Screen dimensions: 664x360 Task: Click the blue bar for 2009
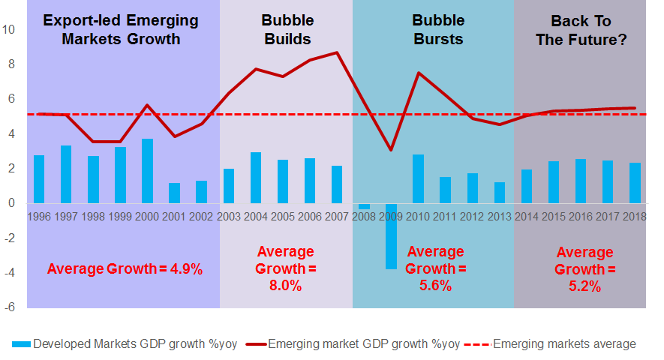pos(391,236)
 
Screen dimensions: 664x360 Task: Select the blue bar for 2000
pos(147,171)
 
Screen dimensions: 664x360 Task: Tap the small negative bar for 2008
pos(364,206)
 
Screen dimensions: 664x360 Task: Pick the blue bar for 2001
pos(175,193)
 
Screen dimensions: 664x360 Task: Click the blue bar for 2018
pos(635,183)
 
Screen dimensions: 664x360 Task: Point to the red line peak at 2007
pos(337,52)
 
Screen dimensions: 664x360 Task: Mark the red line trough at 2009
pos(391,150)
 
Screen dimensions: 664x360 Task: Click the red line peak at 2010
pos(419,73)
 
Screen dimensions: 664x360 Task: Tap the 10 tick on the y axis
pos(8,30)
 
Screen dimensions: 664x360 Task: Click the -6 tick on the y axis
pos(9,307)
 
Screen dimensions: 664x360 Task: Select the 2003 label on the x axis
pos(229,217)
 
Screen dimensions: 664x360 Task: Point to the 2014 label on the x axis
pos(527,217)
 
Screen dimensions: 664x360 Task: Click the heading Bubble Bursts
pos(438,30)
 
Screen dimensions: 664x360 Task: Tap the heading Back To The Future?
pos(581,30)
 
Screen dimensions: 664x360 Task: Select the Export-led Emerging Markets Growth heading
pos(121,30)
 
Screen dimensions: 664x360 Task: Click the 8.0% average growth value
pos(285,286)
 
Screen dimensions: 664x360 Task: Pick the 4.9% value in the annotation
pos(186,269)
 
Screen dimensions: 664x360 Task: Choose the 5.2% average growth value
pos(584,286)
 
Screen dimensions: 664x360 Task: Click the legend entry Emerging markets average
pos(550,344)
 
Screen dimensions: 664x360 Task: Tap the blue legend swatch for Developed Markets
pos(21,344)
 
